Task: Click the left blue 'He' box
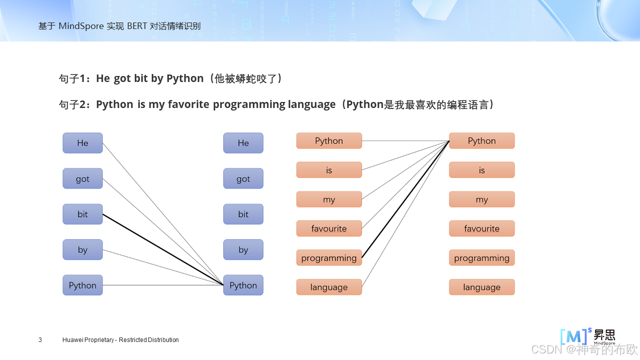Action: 82,143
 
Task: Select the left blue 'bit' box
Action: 82,214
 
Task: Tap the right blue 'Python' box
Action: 243,285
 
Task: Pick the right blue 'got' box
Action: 243,178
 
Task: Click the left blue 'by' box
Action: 82,249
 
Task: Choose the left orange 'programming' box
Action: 329,258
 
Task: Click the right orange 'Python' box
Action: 482,140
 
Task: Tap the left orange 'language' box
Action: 329,287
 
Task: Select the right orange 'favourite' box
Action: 482,228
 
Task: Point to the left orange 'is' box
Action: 329,170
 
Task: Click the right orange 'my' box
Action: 482,199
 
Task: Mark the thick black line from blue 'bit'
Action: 163,249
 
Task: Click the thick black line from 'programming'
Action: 406,199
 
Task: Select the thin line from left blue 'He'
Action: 163,214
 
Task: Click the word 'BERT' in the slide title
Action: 137,26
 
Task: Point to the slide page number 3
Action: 40,340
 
